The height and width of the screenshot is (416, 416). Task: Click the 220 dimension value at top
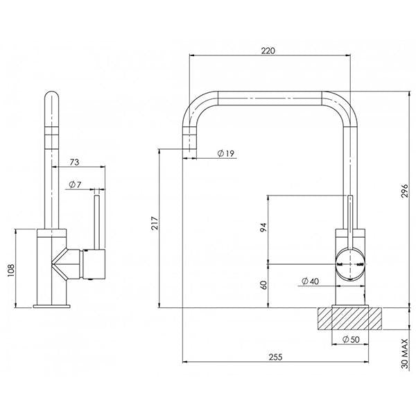tap(269, 51)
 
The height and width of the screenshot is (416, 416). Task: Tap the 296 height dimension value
tap(404, 196)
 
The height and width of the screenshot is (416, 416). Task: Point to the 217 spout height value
tap(155, 223)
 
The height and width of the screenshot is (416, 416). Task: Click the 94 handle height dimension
tap(263, 229)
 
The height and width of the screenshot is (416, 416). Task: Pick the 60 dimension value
tap(263, 286)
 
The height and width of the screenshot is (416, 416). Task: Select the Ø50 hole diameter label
tap(350, 339)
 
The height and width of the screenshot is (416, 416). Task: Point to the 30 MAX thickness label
tap(404, 362)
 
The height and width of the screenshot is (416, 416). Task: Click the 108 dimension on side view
tap(9, 269)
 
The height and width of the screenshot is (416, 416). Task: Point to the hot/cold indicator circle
tap(350, 264)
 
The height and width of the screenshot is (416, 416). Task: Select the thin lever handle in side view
tap(97, 222)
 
